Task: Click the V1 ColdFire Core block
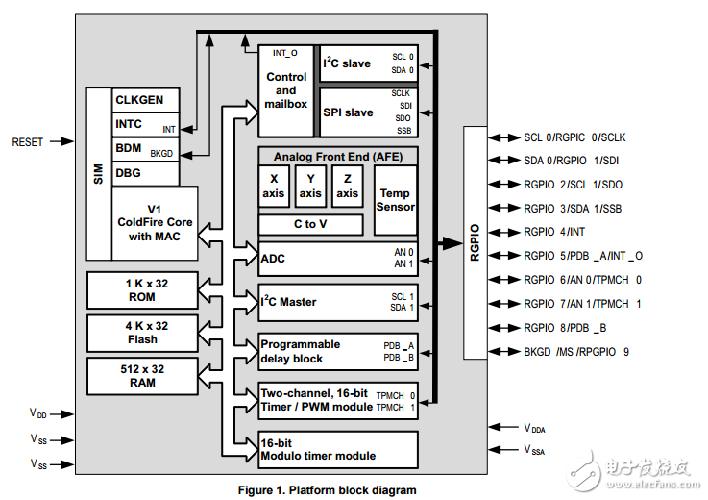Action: point(155,222)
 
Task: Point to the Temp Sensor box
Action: point(396,200)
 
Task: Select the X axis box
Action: point(274,187)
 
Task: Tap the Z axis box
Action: point(347,187)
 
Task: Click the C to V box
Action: point(310,225)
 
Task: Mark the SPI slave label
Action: point(348,112)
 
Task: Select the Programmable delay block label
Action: point(300,352)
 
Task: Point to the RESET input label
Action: point(27,142)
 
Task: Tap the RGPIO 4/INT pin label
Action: point(554,232)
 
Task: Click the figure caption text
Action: point(327,489)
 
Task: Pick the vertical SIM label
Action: point(98,174)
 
